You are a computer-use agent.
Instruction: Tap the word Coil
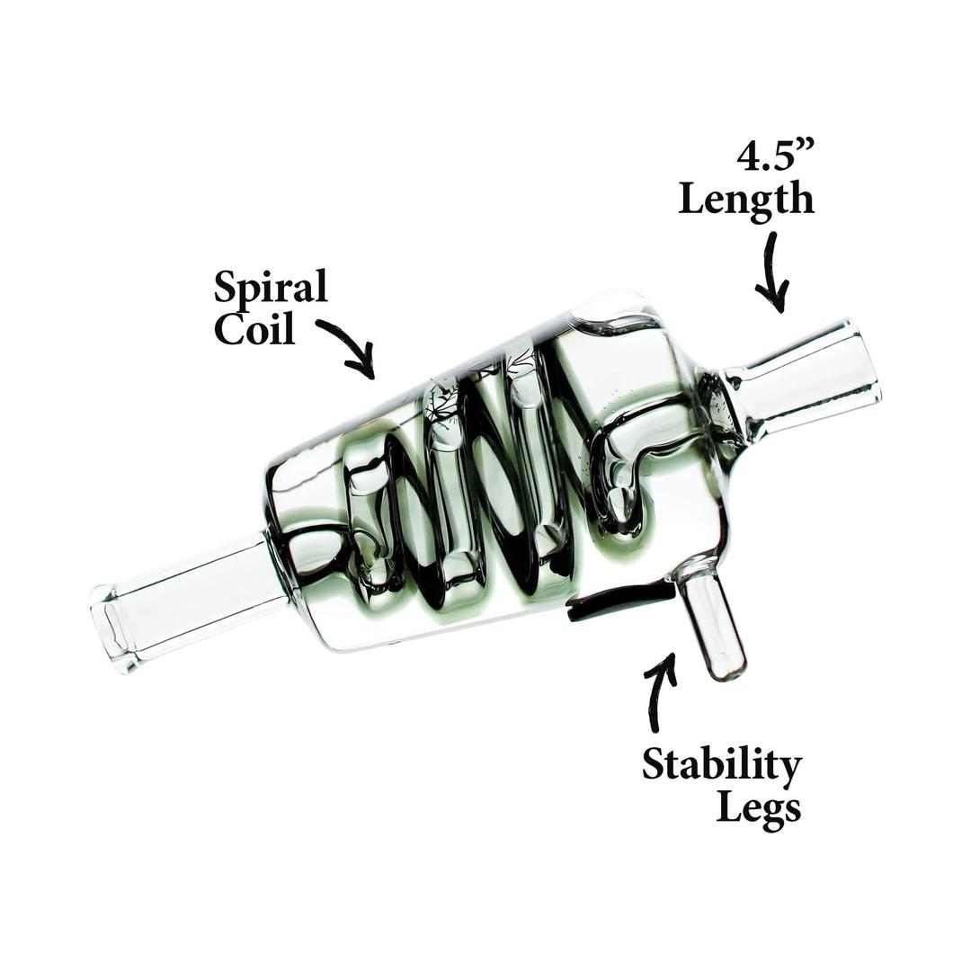254,330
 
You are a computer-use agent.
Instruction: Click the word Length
746,198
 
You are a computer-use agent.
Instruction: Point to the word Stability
722,767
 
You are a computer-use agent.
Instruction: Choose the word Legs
758,808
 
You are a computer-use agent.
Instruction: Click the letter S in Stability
654,766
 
